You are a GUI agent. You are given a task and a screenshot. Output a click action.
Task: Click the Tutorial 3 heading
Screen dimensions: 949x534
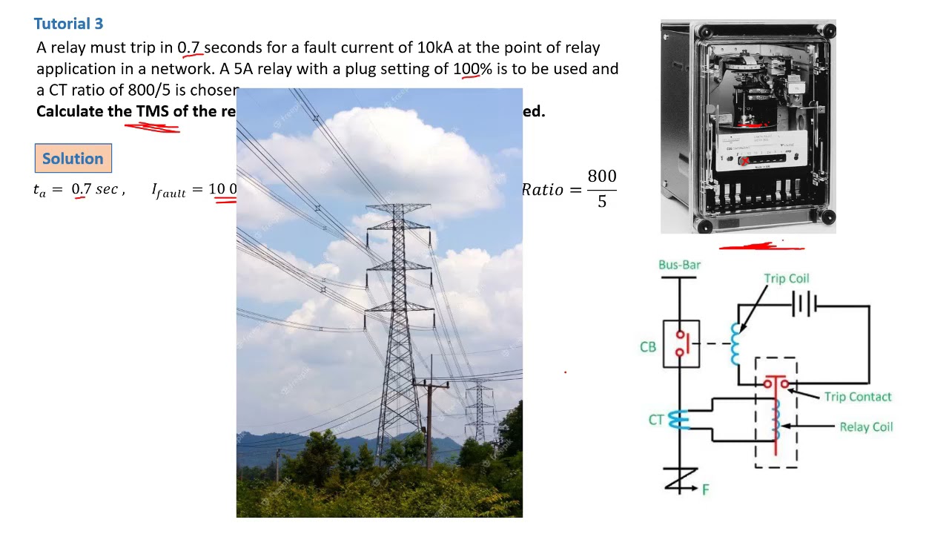pyautogui.click(x=68, y=24)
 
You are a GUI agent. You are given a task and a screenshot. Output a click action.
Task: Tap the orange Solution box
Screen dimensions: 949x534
pyautogui.click(x=73, y=159)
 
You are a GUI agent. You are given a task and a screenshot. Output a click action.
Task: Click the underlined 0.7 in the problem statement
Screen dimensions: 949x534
pyautogui.click(x=189, y=48)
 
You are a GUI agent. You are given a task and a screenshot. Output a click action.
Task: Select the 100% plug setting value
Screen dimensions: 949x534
pyautogui.click(x=472, y=69)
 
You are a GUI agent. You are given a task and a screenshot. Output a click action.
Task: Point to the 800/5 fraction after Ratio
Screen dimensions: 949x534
pyautogui.click(x=601, y=188)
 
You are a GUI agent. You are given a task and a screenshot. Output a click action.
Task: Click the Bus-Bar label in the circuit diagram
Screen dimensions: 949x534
pyautogui.click(x=679, y=265)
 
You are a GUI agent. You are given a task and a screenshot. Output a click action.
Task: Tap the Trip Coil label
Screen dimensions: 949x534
pyautogui.click(x=787, y=279)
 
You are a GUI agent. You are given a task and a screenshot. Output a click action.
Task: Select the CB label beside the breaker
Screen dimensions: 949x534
pyautogui.click(x=648, y=346)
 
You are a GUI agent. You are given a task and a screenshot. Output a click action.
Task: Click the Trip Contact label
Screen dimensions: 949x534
pyautogui.click(x=857, y=397)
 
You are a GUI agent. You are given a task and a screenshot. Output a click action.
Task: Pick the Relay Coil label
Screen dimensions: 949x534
pyautogui.click(x=866, y=427)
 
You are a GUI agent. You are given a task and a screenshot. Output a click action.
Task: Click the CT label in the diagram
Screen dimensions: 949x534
pyautogui.click(x=655, y=420)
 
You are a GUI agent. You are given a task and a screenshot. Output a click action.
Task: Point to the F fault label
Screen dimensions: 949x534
pyautogui.click(x=705, y=489)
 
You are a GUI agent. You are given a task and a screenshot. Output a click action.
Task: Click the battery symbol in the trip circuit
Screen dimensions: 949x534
pyautogui.click(x=804, y=305)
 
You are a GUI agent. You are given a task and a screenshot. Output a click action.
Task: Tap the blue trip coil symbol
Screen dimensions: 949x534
pyautogui.click(x=735, y=344)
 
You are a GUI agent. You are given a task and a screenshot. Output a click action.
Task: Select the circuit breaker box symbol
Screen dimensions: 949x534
pyautogui.click(x=681, y=343)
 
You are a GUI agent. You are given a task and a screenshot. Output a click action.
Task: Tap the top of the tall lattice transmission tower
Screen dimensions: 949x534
pyautogui.click(x=400, y=208)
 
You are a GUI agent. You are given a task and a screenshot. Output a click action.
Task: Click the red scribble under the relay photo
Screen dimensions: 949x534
pyautogui.click(x=761, y=247)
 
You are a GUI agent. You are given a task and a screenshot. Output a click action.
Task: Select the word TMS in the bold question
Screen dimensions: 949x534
pyautogui.click(x=152, y=111)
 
